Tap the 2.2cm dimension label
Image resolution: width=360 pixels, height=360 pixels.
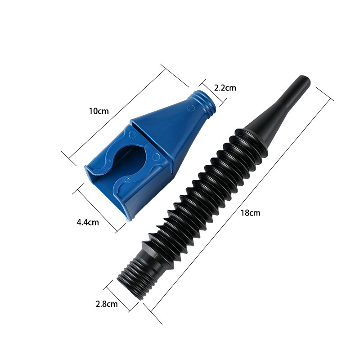(x=225, y=88)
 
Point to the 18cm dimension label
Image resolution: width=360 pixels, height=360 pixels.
(x=251, y=213)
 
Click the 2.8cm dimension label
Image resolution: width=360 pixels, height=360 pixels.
(x=107, y=304)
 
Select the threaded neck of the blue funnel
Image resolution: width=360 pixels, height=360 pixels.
(x=205, y=103)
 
